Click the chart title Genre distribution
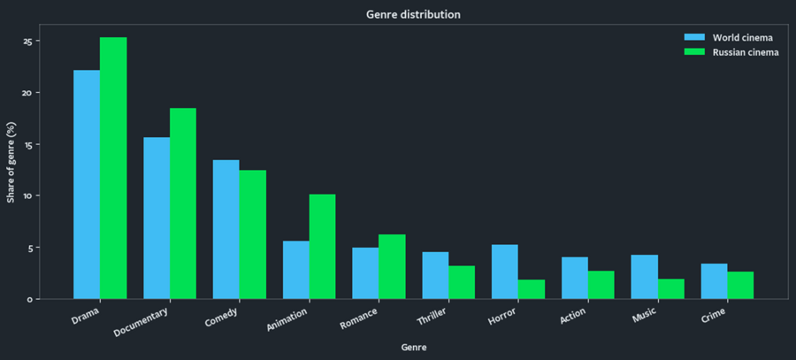(413, 15)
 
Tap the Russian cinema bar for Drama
(113, 168)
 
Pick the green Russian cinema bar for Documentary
(183, 203)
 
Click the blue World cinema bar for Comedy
(226, 229)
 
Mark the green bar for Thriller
(462, 282)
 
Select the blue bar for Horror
(505, 272)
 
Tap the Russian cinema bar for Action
(601, 285)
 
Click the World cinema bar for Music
(644, 277)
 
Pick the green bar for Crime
(740, 285)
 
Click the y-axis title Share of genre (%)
(11, 162)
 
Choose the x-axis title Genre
(413, 347)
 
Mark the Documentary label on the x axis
(142, 320)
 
